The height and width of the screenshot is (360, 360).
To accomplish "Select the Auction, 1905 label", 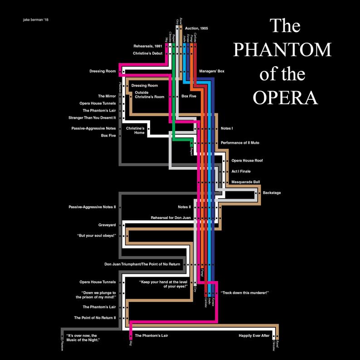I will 197,29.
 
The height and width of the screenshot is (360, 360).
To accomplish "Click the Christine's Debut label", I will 147,53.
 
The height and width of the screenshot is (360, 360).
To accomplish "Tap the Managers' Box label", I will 212,71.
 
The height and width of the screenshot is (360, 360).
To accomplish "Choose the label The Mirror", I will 107,96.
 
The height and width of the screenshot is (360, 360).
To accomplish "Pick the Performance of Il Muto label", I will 240,143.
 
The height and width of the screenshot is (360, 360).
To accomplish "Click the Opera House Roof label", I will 247,161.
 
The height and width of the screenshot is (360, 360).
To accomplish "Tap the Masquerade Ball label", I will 246,182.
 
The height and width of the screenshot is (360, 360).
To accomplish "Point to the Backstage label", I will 272,193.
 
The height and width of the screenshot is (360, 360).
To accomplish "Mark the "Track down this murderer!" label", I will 245,293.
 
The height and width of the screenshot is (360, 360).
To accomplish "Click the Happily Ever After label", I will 254,336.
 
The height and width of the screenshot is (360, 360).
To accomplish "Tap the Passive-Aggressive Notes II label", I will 92,207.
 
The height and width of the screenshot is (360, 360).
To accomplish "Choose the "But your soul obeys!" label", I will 97,236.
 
